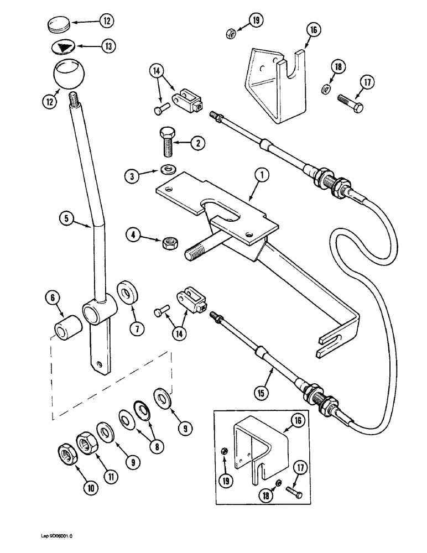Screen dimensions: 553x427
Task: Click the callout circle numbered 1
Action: coord(262,176)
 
